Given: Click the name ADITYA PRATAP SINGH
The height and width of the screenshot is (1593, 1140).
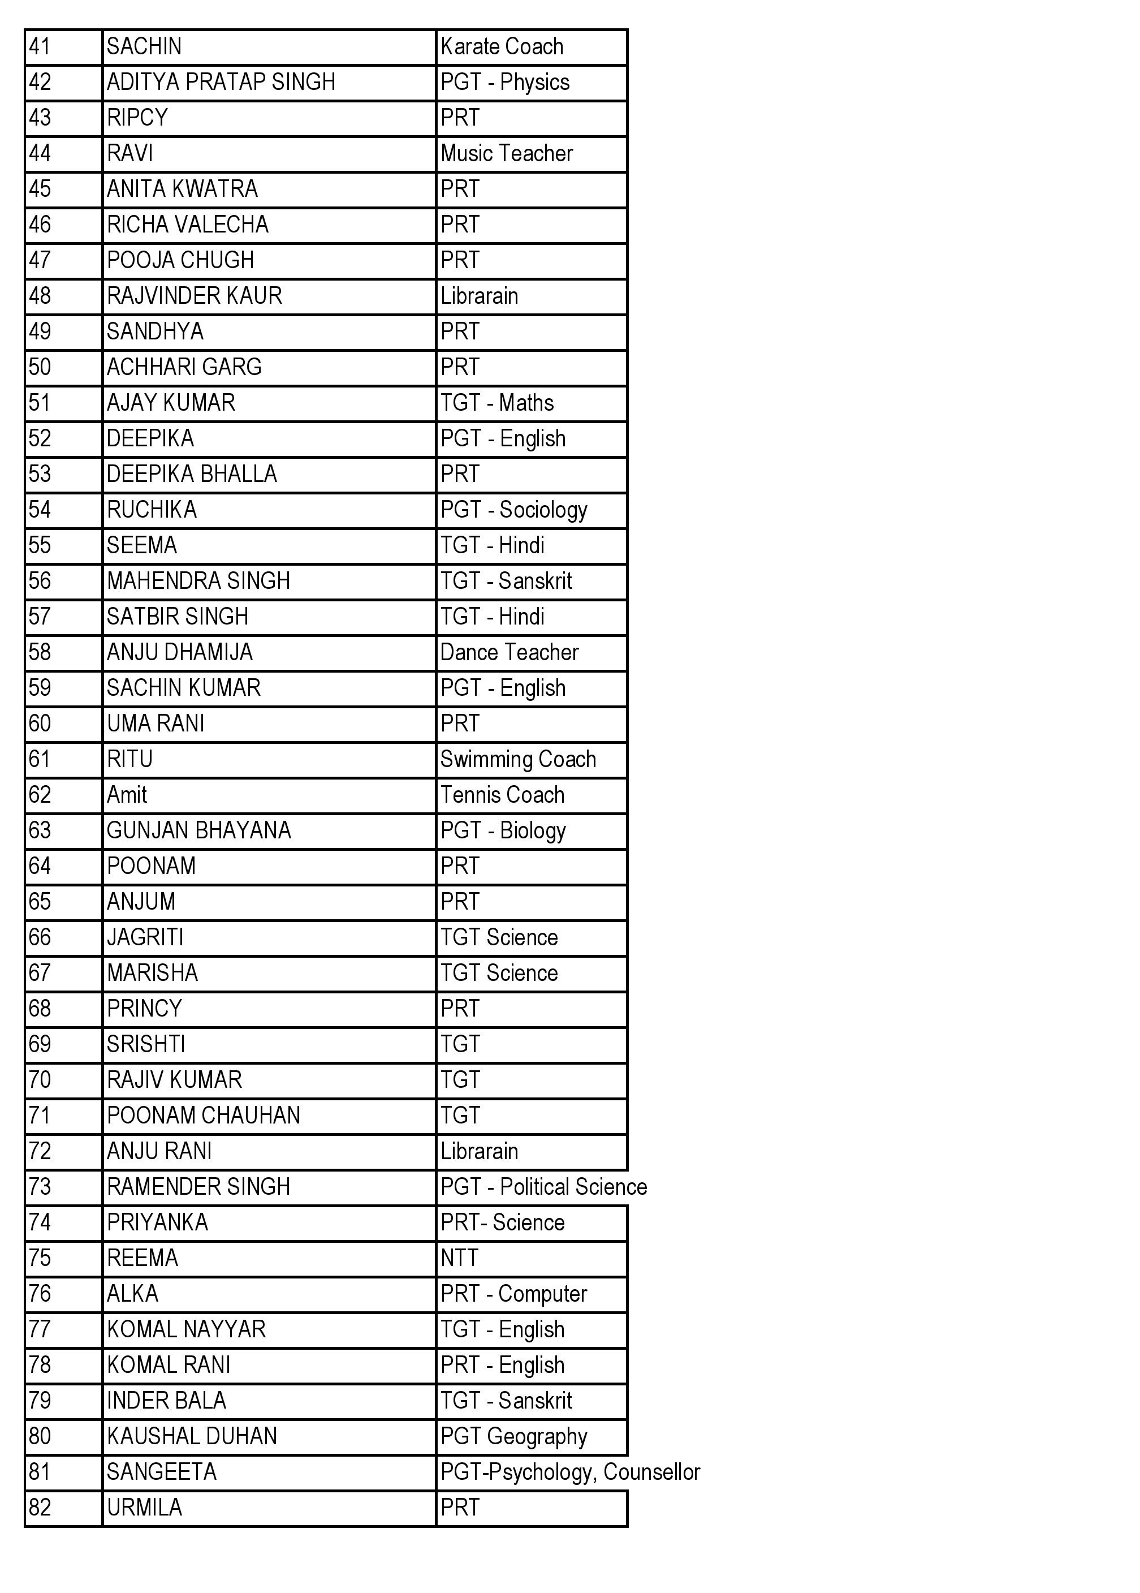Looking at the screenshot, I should coord(221,82).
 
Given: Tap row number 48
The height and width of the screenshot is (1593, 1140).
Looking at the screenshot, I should coord(40,295).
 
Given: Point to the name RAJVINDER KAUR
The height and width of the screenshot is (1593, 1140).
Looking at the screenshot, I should coord(194,295).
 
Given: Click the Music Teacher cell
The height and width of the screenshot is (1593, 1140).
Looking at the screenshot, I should coord(506,153).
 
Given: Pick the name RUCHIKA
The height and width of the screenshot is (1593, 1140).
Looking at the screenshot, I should coord(152,510).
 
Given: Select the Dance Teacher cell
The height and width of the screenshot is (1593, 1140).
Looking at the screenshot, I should coord(509,652).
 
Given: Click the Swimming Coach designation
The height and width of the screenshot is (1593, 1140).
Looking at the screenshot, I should coord(517,759).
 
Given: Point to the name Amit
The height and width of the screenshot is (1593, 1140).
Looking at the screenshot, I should coord(127,795).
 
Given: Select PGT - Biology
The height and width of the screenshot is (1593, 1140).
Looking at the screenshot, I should coord(503,830).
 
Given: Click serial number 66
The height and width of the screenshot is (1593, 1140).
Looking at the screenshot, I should coord(40,937).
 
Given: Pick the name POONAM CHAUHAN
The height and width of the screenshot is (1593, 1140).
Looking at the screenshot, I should coord(203,1116).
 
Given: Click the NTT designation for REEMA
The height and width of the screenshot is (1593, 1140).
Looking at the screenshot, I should coord(459,1258).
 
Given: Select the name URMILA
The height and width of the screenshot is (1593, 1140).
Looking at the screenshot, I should coord(145,1508).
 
